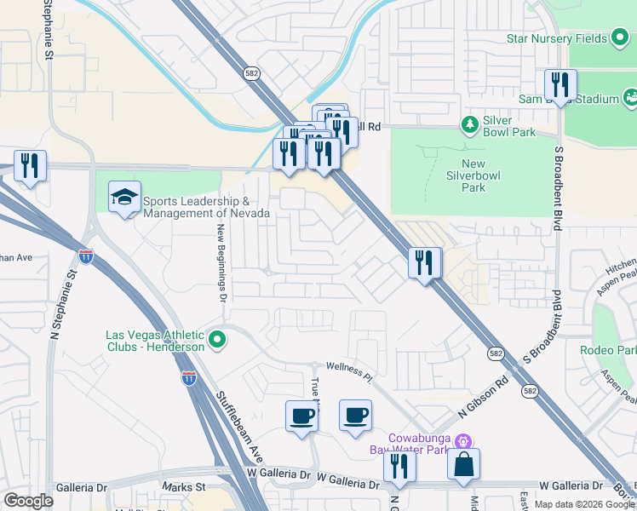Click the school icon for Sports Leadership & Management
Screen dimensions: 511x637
(124, 198)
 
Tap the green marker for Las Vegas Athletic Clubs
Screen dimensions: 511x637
(217, 341)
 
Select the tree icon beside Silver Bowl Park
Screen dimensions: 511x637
(469, 126)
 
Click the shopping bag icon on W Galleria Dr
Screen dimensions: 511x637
(463, 465)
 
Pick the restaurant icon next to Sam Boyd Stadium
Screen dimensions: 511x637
(560, 85)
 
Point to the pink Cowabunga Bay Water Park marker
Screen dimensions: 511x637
(463, 441)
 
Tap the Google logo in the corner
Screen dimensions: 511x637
(28, 501)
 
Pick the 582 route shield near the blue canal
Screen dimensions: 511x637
(250, 73)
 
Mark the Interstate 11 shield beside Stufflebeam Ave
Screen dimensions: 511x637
(189, 377)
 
